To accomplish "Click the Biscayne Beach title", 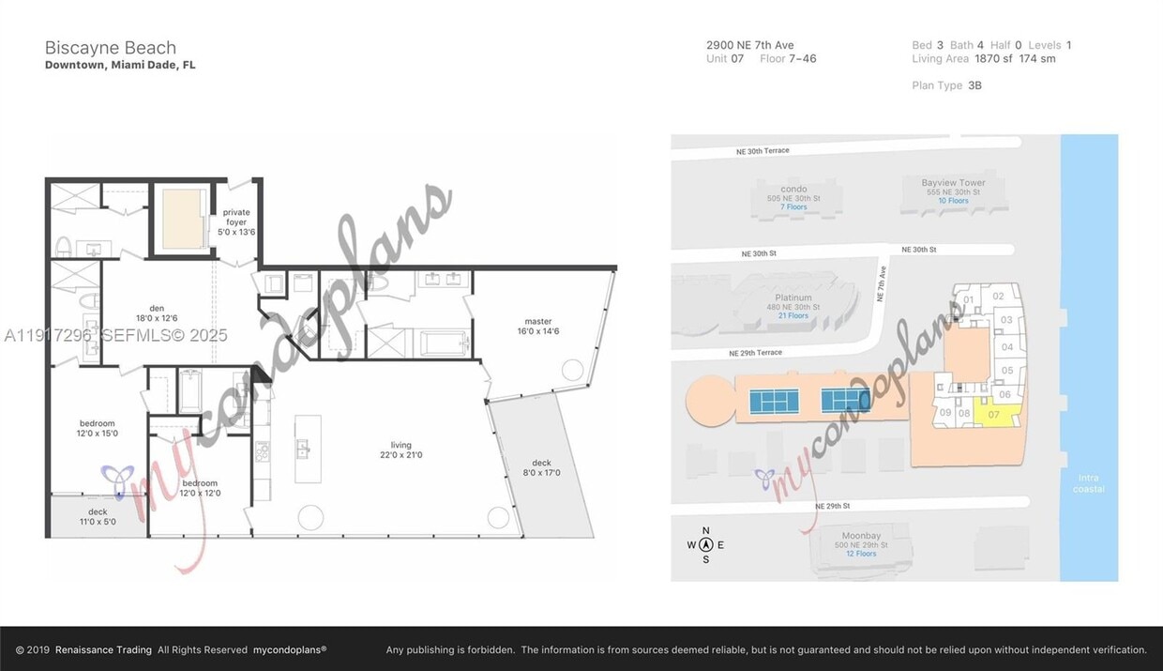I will point(110,48).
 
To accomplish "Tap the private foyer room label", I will point(236,221).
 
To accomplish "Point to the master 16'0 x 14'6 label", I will point(537,326).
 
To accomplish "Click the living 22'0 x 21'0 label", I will point(400,450).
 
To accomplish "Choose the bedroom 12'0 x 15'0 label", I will point(97,428).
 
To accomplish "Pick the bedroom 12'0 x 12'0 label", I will point(200,488).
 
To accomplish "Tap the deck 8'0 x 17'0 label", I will point(541,467).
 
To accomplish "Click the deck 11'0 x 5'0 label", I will point(98,516).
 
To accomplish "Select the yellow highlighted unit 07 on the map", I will point(997,414).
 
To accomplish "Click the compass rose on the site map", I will point(705,544).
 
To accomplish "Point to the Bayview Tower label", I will point(953,183).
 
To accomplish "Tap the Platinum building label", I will point(793,298).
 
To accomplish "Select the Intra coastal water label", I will point(1088,483).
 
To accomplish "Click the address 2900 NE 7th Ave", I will point(749,45).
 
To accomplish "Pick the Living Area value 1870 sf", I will point(994,59).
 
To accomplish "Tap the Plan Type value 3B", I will point(974,85).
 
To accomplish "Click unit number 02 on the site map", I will point(998,297).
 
